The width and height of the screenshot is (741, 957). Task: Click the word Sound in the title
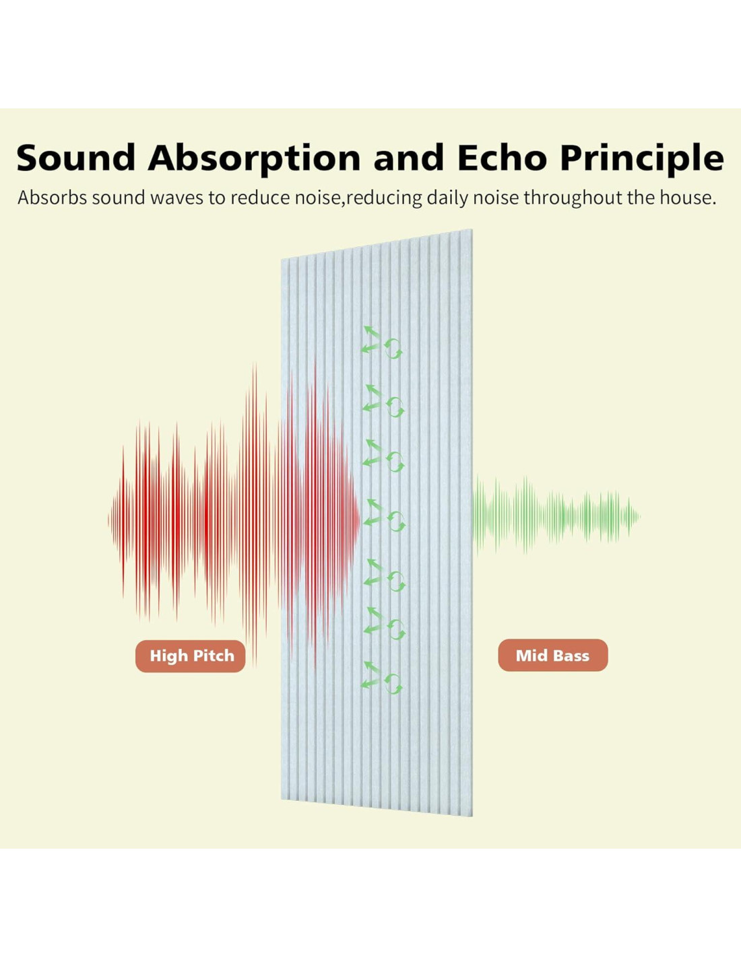[76, 157]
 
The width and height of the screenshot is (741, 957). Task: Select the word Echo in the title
[503, 157]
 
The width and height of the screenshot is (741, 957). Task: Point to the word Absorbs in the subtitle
[53, 198]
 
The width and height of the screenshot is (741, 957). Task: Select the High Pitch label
[191, 655]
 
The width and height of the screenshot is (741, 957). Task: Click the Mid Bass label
[553, 655]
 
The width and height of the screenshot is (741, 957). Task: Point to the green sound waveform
[556, 516]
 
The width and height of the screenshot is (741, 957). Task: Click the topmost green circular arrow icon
[393, 349]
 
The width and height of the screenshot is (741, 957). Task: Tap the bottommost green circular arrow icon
[393, 684]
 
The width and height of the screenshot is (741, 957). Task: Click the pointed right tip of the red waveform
[360, 520]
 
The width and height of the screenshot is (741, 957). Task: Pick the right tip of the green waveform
[640, 516]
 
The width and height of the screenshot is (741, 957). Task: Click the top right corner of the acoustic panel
[472, 229]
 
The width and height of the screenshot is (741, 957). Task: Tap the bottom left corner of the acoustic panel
[281, 799]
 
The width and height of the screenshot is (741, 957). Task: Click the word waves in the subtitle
[177, 198]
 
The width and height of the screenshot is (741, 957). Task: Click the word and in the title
[409, 157]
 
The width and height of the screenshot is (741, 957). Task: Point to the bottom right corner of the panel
[472, 816]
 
